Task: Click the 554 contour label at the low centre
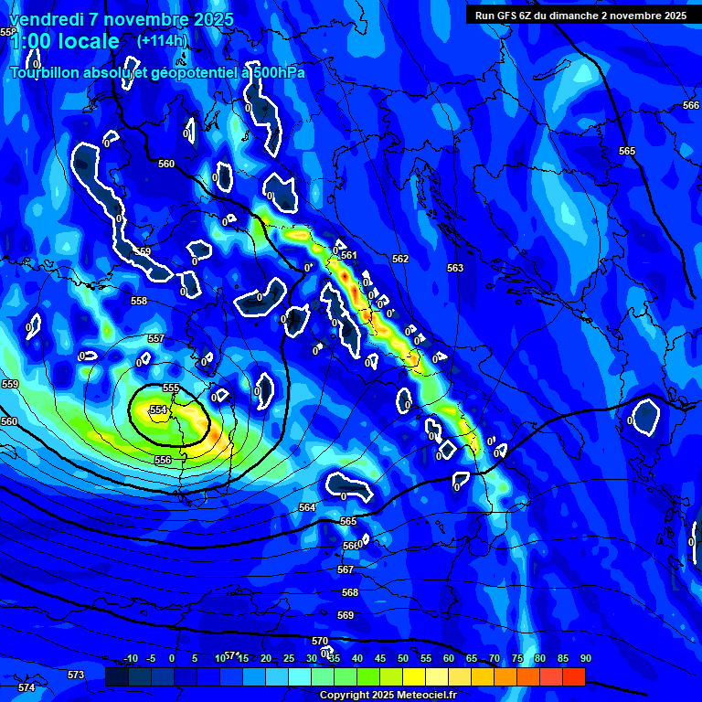tap(159, 410)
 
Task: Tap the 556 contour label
tap(163, 460)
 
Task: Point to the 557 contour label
tap(156, 339)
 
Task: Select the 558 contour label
tap(139, 301)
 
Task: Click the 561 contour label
tap(348, 255)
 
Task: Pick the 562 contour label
tap(400, 259)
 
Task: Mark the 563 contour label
tap(455, 268)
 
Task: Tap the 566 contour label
tap(691, 106)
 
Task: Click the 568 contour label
tap(350, 592)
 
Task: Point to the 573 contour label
tap(76, 675)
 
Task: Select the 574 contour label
tap(27, 687)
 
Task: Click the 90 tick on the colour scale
tap(585, 658)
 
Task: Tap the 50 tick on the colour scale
tap(403, 658)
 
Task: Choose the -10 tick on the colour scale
tap(130, 658)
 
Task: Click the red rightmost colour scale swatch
tap(573, 676)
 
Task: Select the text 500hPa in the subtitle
tap(273, 72)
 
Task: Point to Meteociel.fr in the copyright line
tap(430, 695)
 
